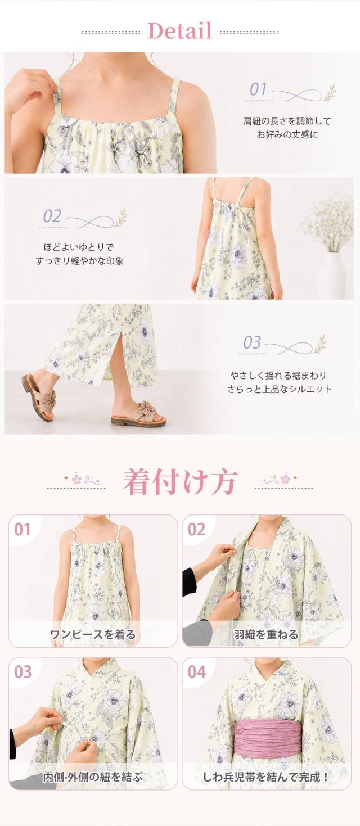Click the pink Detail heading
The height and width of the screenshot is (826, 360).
coord(180,31)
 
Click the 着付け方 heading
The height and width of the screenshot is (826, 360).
coord(179,481)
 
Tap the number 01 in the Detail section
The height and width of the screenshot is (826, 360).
coord(258,89)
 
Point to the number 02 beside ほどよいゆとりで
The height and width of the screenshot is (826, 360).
coord(52,216)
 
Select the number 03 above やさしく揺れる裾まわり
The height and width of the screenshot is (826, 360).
coord(252,342)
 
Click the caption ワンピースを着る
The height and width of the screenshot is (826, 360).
coord(93,635)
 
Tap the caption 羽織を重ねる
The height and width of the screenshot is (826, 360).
coord(265,635)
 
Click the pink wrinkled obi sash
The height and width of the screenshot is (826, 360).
coord(266,738)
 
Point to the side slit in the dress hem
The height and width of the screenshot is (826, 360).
coord(118,353)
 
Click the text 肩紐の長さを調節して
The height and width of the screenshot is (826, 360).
coord(287,120)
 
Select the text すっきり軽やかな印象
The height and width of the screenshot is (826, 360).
coord(80,261)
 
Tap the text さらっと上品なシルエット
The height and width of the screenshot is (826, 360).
coord(279,389)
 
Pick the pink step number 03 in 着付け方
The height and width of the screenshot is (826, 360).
coord(22,672)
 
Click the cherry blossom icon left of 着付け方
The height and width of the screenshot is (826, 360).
coord(76,479)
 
